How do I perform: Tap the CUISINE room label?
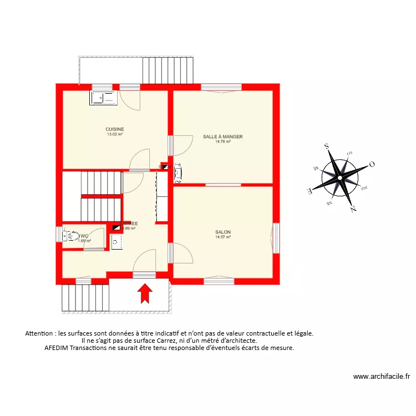point(115,129)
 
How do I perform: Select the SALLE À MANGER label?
point(223,136)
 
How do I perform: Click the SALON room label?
point(223,232)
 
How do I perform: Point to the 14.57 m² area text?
point(223,237)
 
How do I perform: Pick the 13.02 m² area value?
point(115,134)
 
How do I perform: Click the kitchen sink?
point(103,98)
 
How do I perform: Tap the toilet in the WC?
point(70,237)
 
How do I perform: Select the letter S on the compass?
point(327,146)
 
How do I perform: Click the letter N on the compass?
point(353,209)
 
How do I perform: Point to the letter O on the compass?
point(372,164)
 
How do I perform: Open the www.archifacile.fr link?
point(382,377)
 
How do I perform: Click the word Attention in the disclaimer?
point(40,333)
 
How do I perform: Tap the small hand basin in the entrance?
point(115,242)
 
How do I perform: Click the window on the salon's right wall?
point(276,238)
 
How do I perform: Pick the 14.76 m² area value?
point(223,141)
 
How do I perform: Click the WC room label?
point(84,236)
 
